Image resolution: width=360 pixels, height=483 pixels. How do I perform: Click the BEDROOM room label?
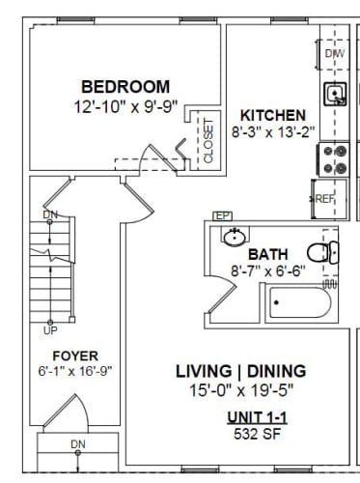coord(125,86)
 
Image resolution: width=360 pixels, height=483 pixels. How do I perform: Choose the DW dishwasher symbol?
coord(335,54)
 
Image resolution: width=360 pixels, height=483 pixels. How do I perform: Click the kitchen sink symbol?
coord(335,95)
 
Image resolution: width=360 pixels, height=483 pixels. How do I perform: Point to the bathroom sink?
coord(233,237)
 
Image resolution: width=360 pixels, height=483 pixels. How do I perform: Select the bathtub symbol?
coord(298,306)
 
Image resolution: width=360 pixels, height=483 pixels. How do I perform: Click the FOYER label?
coord(75,355)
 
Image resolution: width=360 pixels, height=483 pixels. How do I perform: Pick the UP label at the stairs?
coord(50,329)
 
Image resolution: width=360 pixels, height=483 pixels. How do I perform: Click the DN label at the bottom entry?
coord(77,444)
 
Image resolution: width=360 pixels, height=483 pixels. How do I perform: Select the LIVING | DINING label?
coord(240,371)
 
